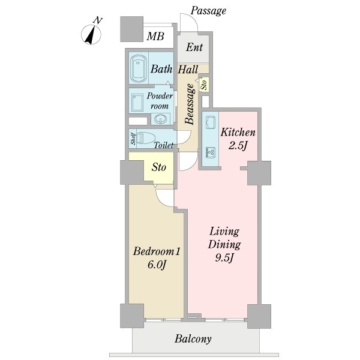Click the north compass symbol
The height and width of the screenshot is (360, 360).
click(91, 34)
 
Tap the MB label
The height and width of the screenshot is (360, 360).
click(155, 36)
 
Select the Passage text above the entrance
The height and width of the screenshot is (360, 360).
click(208, 11)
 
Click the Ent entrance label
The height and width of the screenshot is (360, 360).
click(194, 47)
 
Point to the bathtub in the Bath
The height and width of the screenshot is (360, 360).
click(139, 68)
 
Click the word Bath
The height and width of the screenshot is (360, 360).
click(161, 69)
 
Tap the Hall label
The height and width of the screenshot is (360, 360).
click(188, 70)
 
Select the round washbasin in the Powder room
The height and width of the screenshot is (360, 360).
click(160, 119)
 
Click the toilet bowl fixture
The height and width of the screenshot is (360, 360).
click(146, 138)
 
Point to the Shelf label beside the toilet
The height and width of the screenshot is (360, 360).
click(133, 139)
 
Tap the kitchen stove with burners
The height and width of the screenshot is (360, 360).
click(211, 152)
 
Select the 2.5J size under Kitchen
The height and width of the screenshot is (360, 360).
click(238, 145)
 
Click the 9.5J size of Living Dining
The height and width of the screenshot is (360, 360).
click(224, 258)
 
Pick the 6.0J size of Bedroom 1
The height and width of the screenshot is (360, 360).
click(157, 265)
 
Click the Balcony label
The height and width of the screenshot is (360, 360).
click(193, 339)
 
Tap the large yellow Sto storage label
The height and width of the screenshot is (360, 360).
click(158, 167)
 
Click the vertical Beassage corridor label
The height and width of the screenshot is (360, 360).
click(190, 104)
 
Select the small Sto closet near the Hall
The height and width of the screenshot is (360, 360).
click(204, 85)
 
